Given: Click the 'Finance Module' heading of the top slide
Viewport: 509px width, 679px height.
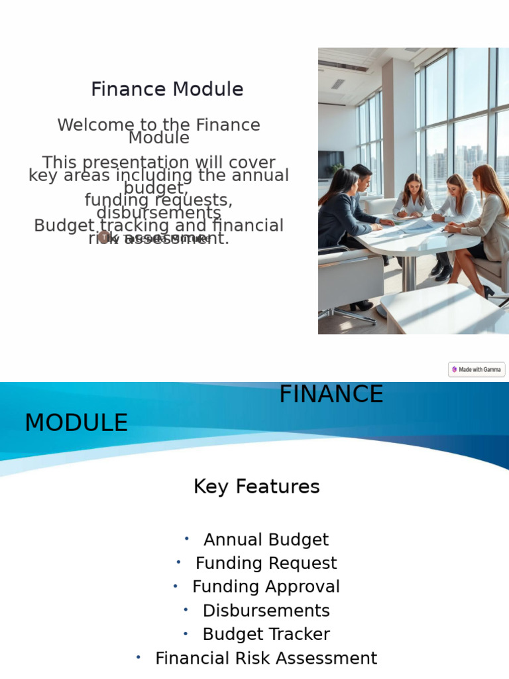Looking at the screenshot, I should pos(167,90).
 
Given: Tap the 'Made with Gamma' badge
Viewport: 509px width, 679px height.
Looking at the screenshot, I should pos(477,369).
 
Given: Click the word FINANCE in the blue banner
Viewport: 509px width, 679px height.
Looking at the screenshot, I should pos(331,395).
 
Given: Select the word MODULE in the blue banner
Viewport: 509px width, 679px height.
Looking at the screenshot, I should pos(76,423).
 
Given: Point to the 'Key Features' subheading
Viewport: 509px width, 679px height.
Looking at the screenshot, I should pos(256,487).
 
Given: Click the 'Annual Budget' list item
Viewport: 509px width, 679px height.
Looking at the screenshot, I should pos(266,540).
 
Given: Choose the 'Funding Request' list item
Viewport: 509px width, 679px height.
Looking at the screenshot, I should pos(266,564).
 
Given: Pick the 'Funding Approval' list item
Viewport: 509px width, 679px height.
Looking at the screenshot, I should pos(266,587).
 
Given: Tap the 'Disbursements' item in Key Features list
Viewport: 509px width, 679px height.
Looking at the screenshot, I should pos(266,611).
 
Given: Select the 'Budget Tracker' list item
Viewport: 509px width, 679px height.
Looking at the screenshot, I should pos(266,635).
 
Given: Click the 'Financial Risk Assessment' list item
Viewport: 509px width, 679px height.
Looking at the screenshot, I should pos(266,658).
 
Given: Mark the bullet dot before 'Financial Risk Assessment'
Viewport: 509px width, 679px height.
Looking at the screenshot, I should pos(139,657).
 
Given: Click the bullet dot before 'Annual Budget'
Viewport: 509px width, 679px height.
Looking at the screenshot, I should pos(187,538).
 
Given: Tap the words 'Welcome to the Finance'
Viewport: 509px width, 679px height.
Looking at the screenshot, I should pos(158,125).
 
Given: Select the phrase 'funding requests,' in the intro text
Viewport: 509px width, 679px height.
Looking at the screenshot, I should pos(158,200).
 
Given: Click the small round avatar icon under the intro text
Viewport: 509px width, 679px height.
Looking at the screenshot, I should pos(103,237).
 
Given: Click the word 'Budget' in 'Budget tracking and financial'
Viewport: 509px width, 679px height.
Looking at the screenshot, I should pos(64,226).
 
